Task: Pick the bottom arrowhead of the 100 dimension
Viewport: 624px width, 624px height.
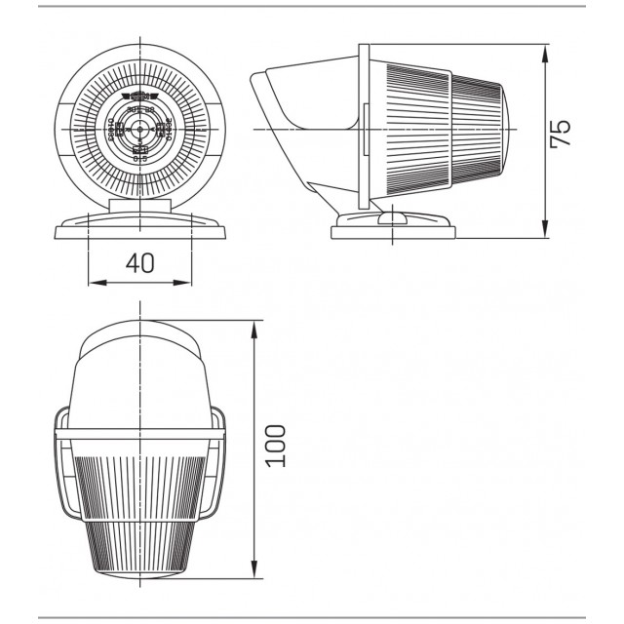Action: pyautogui.click(x=254, y=574)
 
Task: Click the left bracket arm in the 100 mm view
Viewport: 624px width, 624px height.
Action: pyautogui.click(x=61, y=468)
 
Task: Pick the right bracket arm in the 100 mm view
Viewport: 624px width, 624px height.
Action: pyautogui.click(x=219, y=468)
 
